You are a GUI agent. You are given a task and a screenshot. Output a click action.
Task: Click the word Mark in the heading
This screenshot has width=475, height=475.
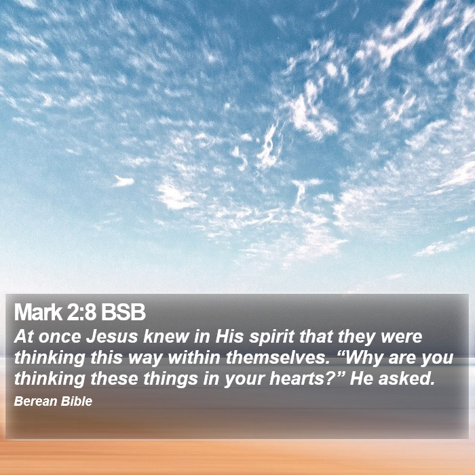coord(38,312)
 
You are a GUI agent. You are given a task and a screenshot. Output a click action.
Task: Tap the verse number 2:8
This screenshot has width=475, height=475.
coord(81,312)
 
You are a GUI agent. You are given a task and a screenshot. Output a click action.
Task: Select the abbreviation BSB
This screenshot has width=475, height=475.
coord(123,312)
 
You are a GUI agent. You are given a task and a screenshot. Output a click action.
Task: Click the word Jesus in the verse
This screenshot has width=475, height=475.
coord(112,337)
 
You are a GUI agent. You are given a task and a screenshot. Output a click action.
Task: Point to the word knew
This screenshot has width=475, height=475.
coord(166,337)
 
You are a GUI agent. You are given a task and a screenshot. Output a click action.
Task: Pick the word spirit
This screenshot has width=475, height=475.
coord(271,337)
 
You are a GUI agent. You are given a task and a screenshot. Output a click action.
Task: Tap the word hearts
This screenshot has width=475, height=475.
coord(297,379)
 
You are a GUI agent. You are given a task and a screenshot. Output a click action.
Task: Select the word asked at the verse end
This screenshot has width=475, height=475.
coord(406,379)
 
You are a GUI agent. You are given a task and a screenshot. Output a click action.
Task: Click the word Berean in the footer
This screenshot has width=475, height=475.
coord(35,402)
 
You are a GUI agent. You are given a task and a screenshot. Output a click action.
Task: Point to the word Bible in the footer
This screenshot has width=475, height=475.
coord(76,402)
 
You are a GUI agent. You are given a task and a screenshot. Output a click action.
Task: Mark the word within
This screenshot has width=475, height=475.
coord(194,358)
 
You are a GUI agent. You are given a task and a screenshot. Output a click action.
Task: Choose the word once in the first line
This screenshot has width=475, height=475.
coord(60,337)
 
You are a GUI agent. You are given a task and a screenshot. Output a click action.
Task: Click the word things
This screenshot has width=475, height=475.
coord(170,379)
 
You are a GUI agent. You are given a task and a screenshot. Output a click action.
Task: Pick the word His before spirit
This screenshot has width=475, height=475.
coord(229,337)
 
